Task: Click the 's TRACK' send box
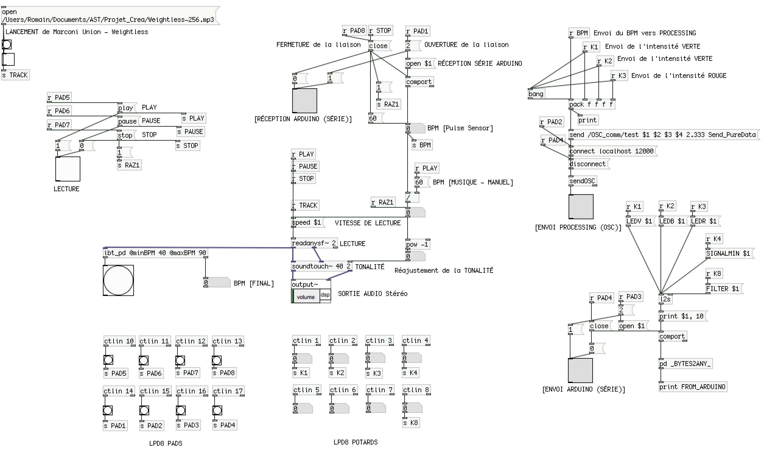(15, 75)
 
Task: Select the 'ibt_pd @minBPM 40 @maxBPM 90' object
(155, 253)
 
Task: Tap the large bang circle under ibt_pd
(118, 280)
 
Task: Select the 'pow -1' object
(418, 244)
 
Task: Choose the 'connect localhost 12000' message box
(612, 151)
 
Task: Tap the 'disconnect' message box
(588, 164)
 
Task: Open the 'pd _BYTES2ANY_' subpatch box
(685, 364)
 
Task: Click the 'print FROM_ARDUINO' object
(692, 387)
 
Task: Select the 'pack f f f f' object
(591, 104)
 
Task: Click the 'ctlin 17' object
(228, 391)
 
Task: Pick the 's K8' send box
(411, 423)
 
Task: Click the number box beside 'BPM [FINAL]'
(217, 283)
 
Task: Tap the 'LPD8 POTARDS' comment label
(356, 442)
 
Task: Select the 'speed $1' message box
(307, 223)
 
